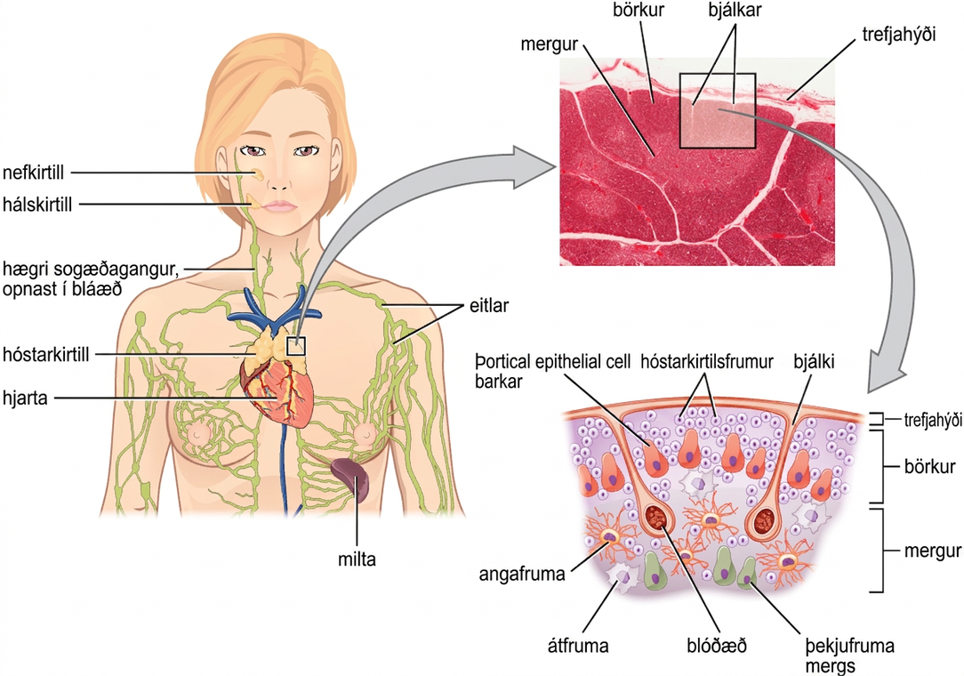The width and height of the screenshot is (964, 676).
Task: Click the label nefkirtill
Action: pyautogui.click(x=33, y=173)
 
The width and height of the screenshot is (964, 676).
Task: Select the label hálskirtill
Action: pyautogui.click(x=36, y=205)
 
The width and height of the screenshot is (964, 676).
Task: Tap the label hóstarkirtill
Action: pyautogui.click(x=45, y=354)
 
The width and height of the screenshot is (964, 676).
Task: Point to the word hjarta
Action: pyautogui.click(x=25, y=398)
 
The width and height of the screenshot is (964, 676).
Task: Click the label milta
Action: pyautogui.click(x=357, y=559)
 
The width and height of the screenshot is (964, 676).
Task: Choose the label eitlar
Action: pyautogui.click(x=489, y=305)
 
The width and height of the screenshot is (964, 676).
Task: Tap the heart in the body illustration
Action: pyautogui.click(x=277, y=388)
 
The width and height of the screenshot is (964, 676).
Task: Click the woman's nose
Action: pyautogui.click(x=278, y=179)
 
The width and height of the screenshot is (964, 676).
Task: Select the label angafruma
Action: pyautogui.click(x=521, y=574)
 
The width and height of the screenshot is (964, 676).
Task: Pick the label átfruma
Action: pyautogui.click(x=578, y=646)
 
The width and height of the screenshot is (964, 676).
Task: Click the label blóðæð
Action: pyautogui.click(x=716, y=646)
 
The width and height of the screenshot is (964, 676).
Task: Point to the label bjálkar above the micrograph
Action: pyautogui.click(x=735, y=11)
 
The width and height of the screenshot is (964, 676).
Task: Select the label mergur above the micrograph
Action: pyautogui.click(x=549, y=44)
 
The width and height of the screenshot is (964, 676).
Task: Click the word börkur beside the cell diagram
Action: pyautogui.click(x=929, y=466)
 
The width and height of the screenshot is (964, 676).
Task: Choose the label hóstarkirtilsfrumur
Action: pyautogui.click(x=706, y=362)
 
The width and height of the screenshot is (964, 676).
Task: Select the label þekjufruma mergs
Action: pyautogui.click(x=849, y=656)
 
